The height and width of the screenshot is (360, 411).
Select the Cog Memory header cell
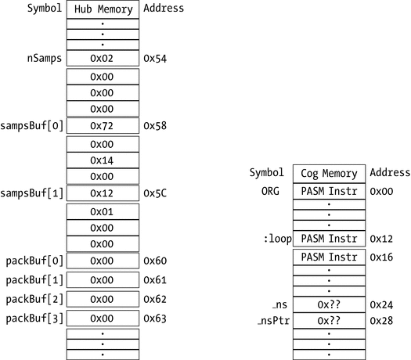click(x=329, y=173)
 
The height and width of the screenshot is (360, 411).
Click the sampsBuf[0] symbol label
click(x=34, y=126)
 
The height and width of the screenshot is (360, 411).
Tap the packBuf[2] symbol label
click(x=35, y=298)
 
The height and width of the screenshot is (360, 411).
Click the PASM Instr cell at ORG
click(x=329, y=191)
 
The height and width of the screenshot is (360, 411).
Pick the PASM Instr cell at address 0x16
click(x=329, y=257)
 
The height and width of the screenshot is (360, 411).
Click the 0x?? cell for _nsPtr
click(x=329, y=321)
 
